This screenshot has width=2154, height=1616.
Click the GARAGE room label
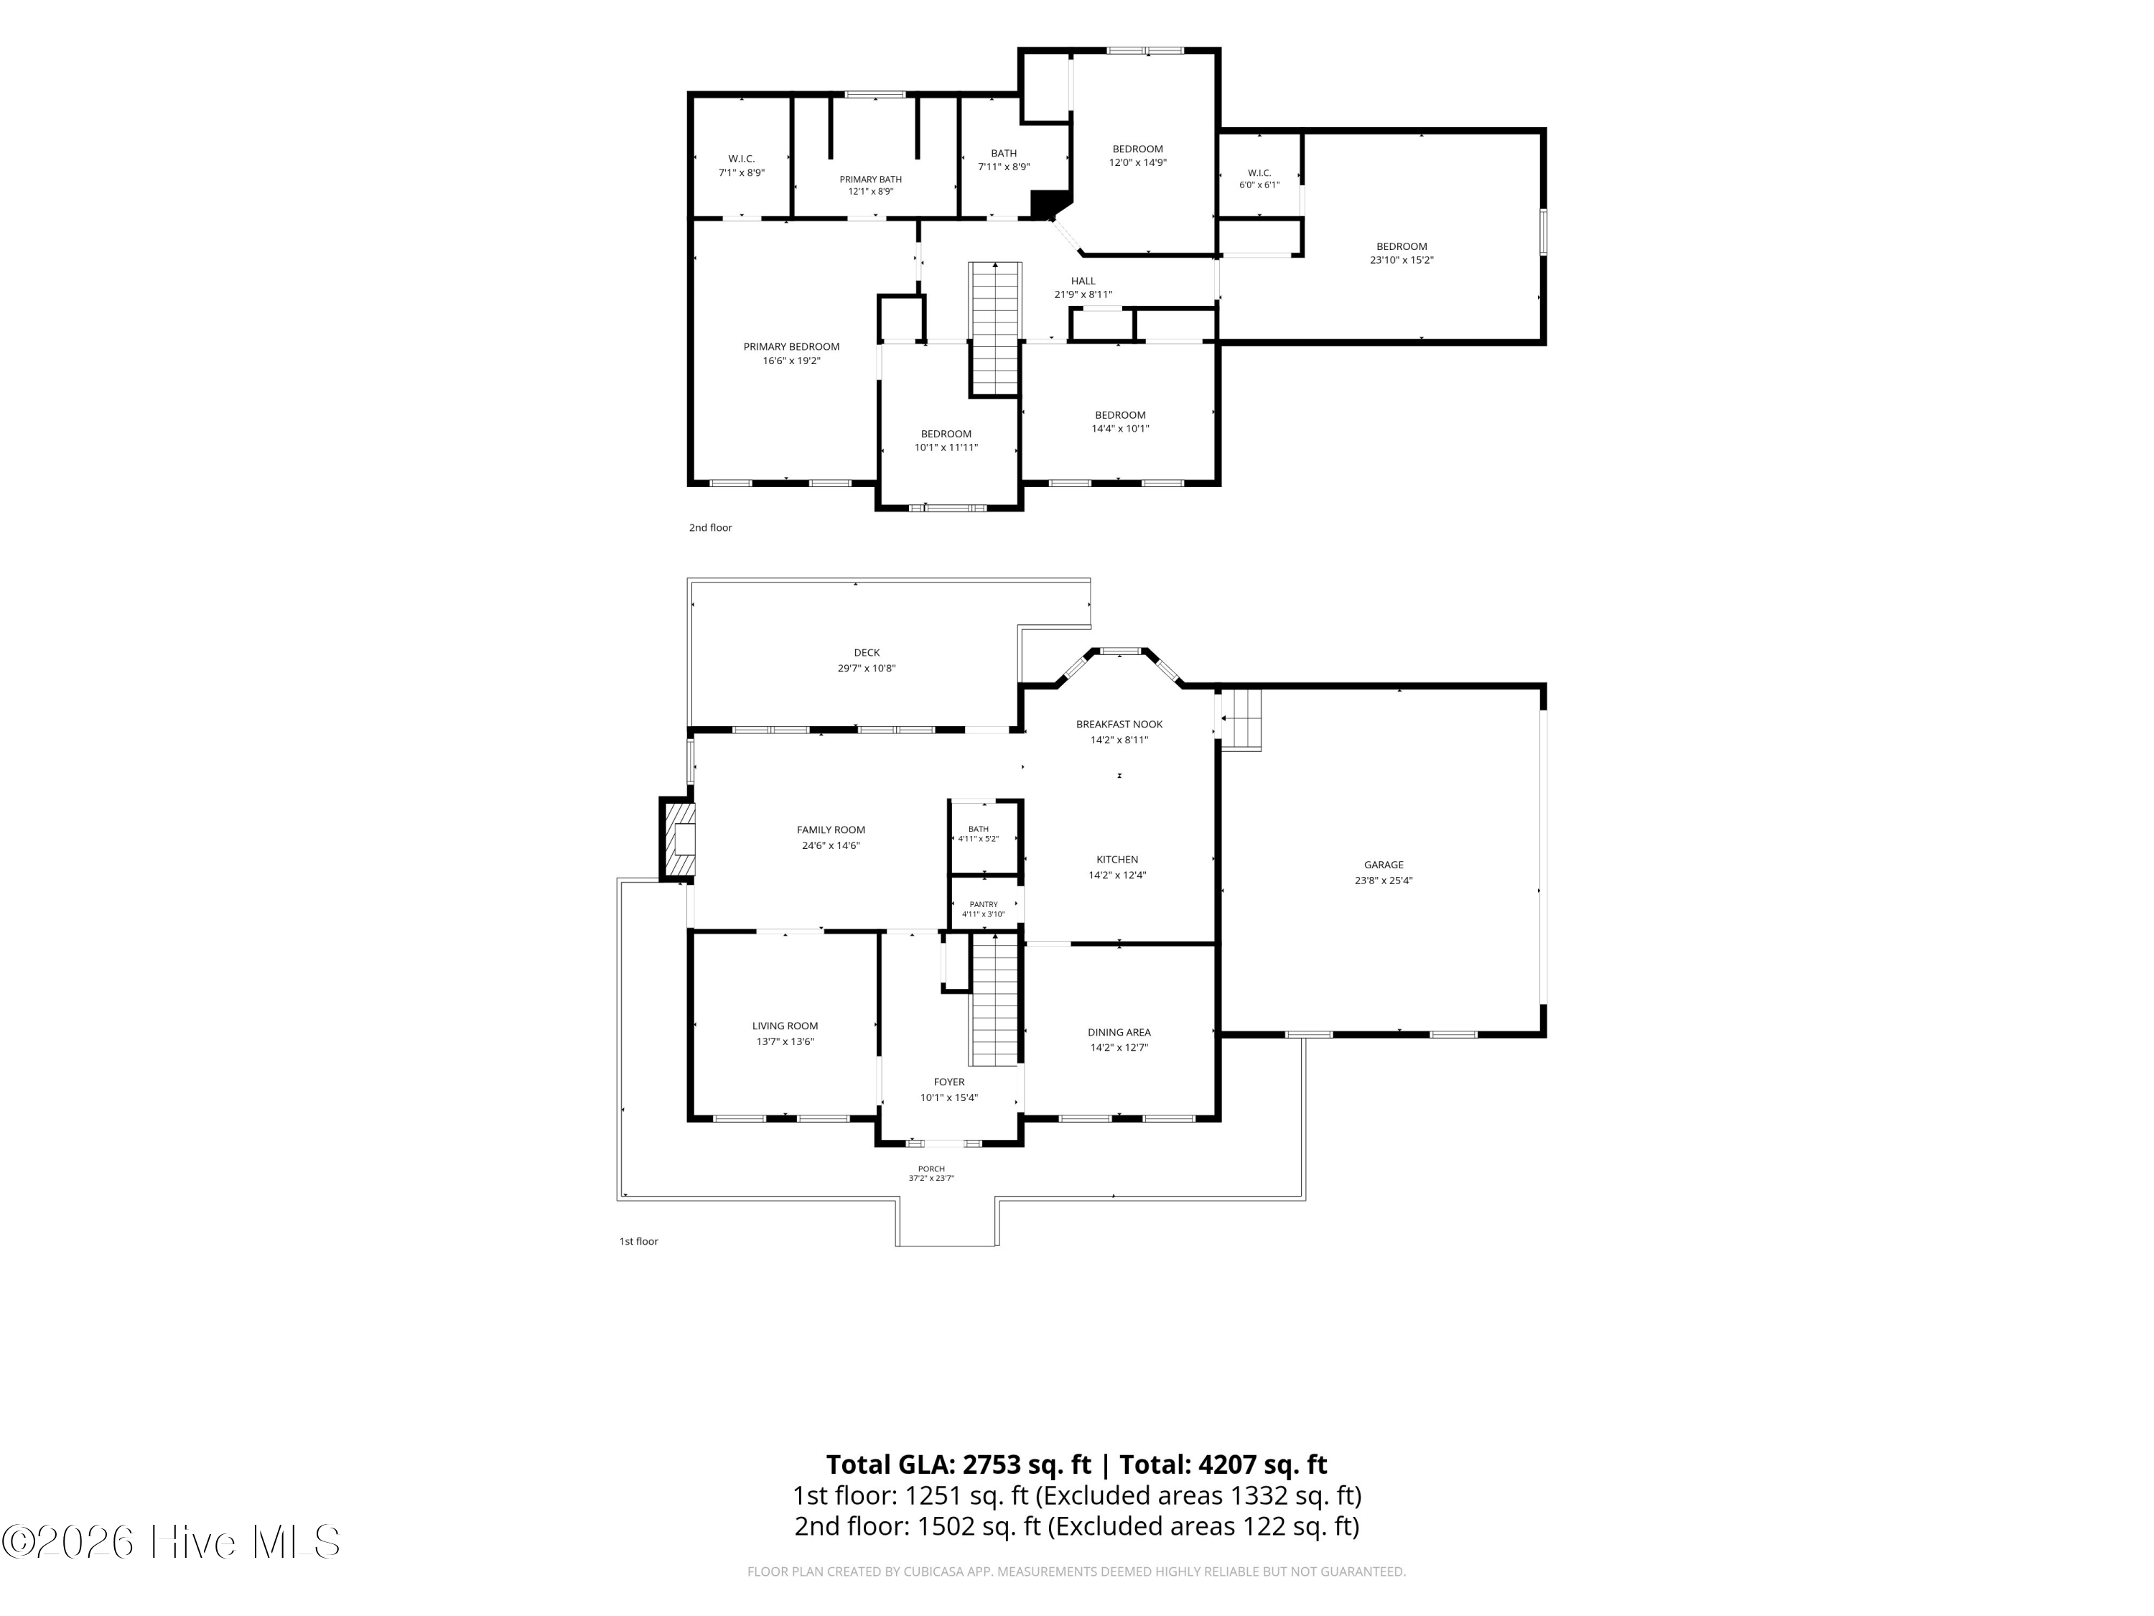[x=1383, y=865]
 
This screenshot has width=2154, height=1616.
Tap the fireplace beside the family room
[x=679, y=839]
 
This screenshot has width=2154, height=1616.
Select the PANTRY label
[x=984, y=904]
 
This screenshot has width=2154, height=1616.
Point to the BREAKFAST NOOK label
[x=1119, y=724]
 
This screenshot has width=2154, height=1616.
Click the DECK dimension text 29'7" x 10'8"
[x=867, y=668]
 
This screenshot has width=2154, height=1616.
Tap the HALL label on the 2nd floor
[x=1083, y=281]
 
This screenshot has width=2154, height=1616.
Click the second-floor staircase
[x=994, y=329]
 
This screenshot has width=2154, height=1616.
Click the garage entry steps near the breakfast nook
[x=1241, y=720]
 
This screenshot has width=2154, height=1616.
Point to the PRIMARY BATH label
[x=870, y=180]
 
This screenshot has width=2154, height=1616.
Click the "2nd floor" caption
[x=711, y=528]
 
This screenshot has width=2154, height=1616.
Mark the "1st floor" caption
[x=639, y=1241]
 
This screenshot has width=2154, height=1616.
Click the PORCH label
[x=931, y=1169]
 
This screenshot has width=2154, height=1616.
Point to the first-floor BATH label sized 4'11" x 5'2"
[x=978, y=829]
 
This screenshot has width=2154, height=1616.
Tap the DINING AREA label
[x=1119, y=1033]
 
